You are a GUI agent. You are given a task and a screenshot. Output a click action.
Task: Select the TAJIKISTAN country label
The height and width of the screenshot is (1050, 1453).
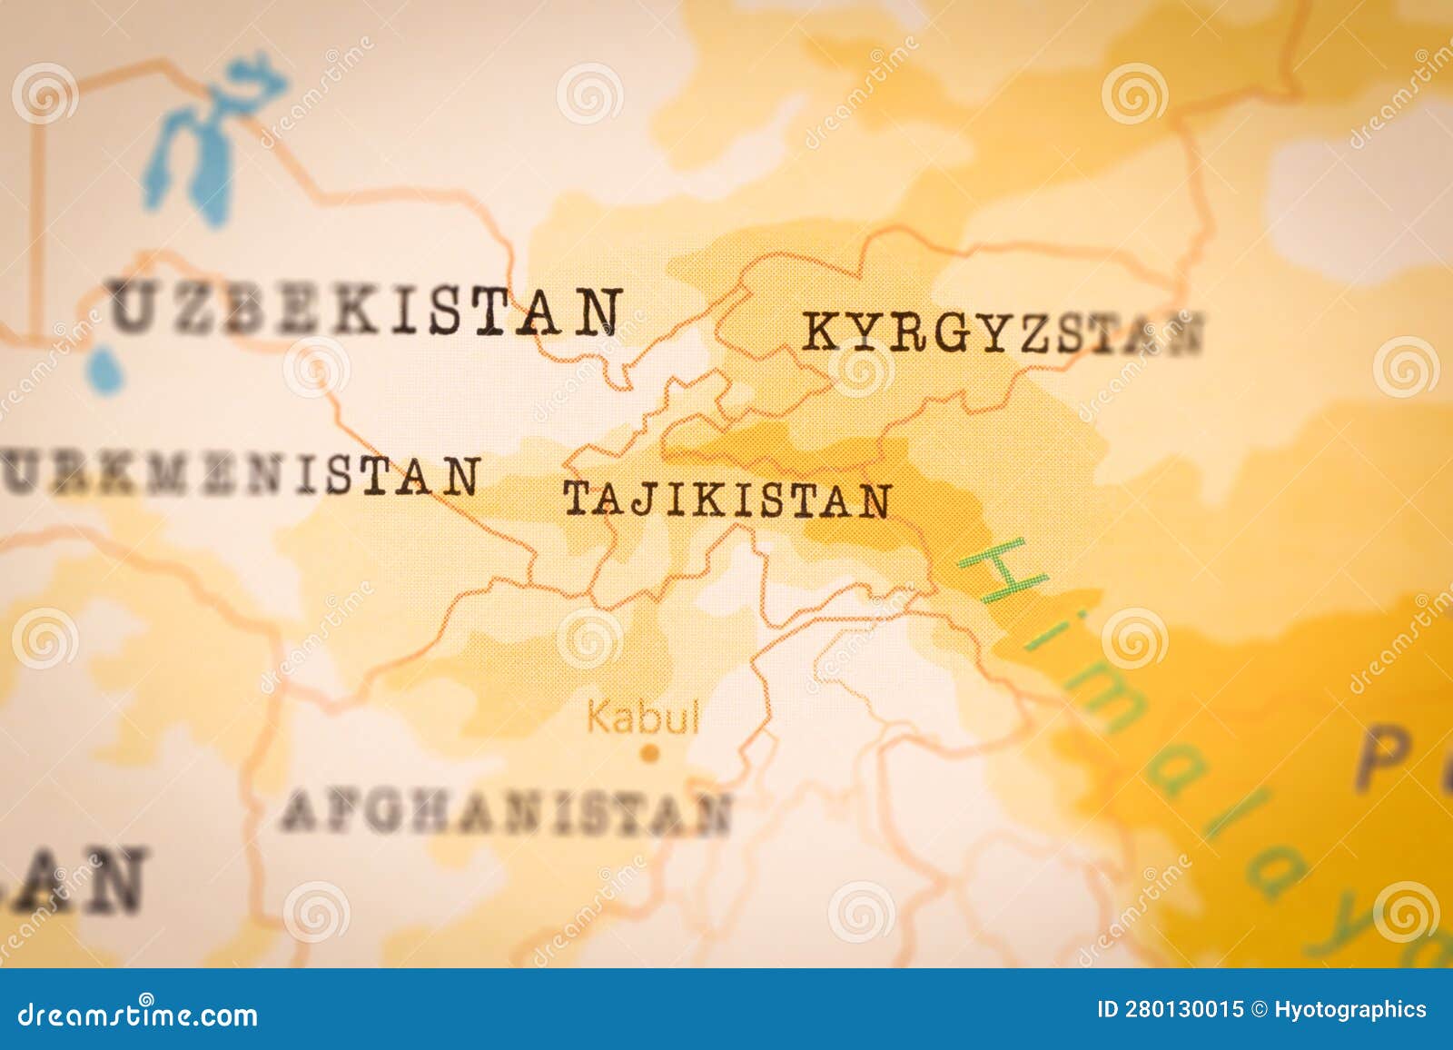point(727,500)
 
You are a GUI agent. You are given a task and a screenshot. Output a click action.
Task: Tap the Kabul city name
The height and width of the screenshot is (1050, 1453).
point(643,717)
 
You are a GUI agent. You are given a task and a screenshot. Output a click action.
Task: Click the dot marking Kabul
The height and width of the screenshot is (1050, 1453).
point(648,752)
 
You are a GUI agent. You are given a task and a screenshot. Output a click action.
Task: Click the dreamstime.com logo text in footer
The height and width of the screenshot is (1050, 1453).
point(138,1014)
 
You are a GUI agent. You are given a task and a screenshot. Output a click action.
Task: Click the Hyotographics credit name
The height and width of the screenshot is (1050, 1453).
point(1349,1010)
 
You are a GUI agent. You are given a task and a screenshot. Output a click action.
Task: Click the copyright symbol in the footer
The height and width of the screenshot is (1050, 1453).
point(1259,1010)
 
